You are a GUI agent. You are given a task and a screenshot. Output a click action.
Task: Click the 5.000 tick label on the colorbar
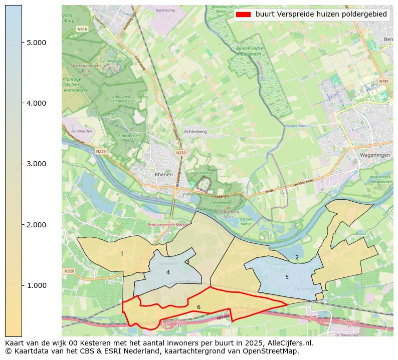[x=36, y=43]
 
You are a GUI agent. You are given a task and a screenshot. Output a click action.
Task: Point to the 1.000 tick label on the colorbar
[x=36, y=285]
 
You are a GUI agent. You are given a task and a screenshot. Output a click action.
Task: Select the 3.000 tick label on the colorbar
[x=36, y=164]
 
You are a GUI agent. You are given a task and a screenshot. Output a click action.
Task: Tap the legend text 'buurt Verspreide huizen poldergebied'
[x=321, y=15]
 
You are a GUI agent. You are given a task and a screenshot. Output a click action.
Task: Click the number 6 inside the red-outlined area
[x=198, y=307]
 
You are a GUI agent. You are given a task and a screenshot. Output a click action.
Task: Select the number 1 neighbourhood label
[x=122, y=254]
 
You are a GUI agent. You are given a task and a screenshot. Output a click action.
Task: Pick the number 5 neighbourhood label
[x=287, y=277]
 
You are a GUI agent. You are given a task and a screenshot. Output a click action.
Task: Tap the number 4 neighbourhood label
[x=168, y=272]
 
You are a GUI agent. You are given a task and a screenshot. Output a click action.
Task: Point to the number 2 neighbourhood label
[x=297, y=257]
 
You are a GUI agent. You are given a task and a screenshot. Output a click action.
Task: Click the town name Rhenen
[x=164, y=175]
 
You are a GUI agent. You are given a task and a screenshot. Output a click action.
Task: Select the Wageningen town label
[x=374, y=155]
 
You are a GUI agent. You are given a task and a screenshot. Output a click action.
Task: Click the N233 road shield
[x=181, y=153]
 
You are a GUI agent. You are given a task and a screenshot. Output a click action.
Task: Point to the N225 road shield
[x=101, y=151]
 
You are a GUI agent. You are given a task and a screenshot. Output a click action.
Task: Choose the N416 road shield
[x=82, y=30]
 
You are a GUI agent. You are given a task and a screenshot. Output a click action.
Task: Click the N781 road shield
[x=383, y=81]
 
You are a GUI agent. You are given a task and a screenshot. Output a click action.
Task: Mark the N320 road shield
[x=69, y=271]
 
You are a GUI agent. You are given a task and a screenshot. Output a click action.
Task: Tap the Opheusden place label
[x=305, y=289]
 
